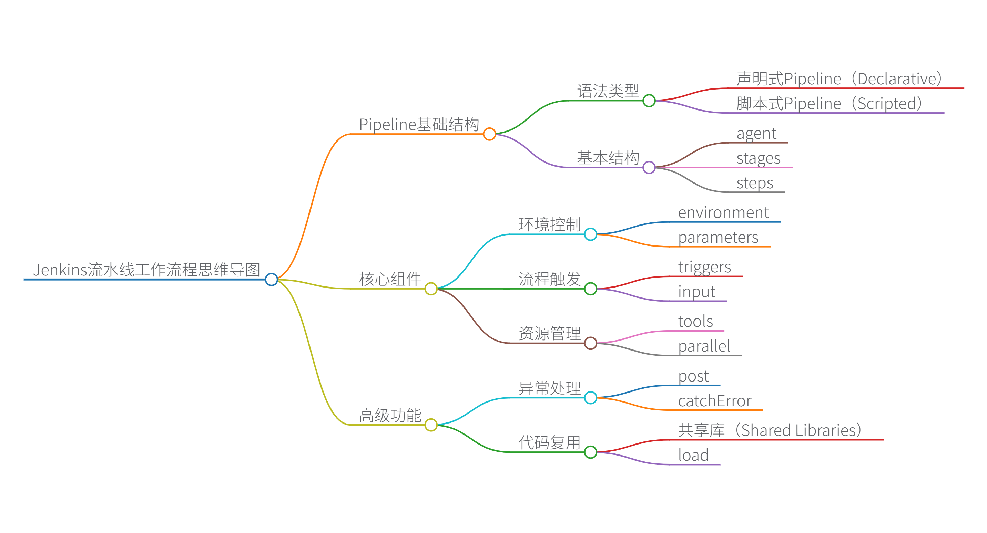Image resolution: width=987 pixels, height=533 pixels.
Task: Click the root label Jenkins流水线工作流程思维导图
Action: pyautogui.click(x=146, y=270)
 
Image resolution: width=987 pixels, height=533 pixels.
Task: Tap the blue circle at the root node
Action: pyautogui.click(x=271, y=280)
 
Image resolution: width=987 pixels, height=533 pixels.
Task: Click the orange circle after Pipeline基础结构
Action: pyautogui.click(x=489, y=134)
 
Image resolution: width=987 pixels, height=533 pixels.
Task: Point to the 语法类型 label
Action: pyautogui.click(x=608, y=91)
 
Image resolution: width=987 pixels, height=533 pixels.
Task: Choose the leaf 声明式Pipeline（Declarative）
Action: pyautogui.click(x=839, y=79)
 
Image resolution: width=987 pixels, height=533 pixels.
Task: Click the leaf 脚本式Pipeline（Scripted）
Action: pyautogui.click(x=829, y=103)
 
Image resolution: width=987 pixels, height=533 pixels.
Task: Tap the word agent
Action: pyautogui.click(x=756, y=133)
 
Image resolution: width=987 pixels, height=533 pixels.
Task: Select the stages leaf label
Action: pyautogui.click(x=758, y=158)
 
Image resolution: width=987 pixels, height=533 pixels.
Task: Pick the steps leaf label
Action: pyautogui.click(x=754, y=183)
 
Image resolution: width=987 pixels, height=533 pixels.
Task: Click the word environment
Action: pyautogui.click(x=723, y=212)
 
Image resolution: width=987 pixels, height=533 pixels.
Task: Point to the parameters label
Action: pyautogui.click(x=718, y=237)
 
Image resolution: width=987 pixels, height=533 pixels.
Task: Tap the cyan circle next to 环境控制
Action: pyautogui.click(x=590, y=234)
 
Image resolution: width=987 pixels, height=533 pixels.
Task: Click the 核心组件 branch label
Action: pyautogui.click(x=390, y=279)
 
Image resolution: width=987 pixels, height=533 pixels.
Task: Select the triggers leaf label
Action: pyautogui.click(x=704, y=267)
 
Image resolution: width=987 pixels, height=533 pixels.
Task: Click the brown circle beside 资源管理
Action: pyautogui.click(x=590, y=343)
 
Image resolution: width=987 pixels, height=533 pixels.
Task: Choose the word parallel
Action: pyautogui.click(x=704, y=346)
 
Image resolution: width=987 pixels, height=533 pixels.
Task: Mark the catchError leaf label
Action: pyautogui.click(x=715, y=401)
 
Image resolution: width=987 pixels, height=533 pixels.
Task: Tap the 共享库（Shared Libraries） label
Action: pyautogui.click(x=769, y=430)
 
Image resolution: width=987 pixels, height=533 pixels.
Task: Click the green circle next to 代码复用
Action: pyautogui.click(x=590, y=452)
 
